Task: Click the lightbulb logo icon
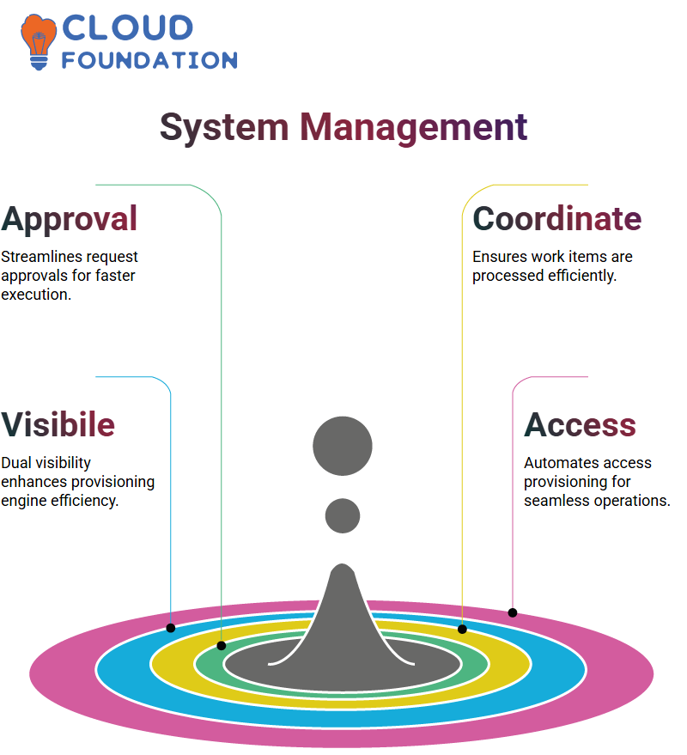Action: click(x=39, y=42)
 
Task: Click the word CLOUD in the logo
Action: click(x=128, y=28)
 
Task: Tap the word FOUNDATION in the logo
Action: click(x=149, y=60)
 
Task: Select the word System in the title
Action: click(x=224, y=128)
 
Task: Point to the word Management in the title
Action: click(x=414, y=128)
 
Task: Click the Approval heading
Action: click(x=70, y=220)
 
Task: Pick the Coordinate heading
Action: click(x=557, y=219)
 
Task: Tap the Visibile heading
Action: click(x=58, y=424)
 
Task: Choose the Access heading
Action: click(x=581, y=425)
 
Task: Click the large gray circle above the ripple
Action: click(x=343, y=446)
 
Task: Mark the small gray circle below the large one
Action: click(x=343, y=515)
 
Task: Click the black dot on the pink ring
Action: click(x=513, y=613)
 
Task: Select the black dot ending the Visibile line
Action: click(x=171, y=628)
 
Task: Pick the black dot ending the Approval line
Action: click(x=222, y=646)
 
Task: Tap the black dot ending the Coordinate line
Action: click(x=462, y=629)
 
